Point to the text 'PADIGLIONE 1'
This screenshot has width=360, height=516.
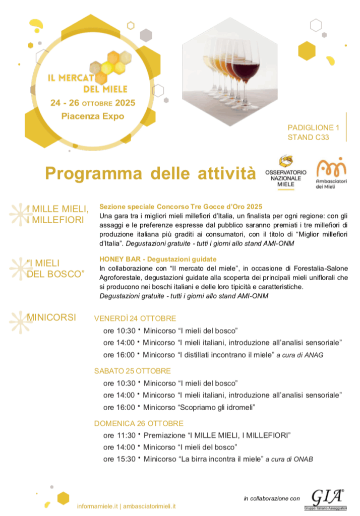click(314, 127)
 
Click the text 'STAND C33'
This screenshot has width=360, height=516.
click(309, 137)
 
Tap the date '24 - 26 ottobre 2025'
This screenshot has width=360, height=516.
click(93, 103)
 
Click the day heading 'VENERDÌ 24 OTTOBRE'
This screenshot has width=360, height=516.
click(135, 318)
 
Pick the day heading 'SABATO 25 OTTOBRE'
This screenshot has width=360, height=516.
click(132, 371)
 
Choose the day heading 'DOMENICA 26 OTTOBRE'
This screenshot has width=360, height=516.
click(139, 423)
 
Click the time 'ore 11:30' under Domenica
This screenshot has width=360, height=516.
click(119, 435)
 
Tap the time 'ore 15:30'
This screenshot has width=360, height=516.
click(119, 459)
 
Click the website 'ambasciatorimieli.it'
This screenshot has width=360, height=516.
click(149, 505)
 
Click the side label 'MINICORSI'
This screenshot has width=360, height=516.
click(51, 317)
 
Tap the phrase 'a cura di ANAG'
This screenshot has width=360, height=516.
click(299, 355)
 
